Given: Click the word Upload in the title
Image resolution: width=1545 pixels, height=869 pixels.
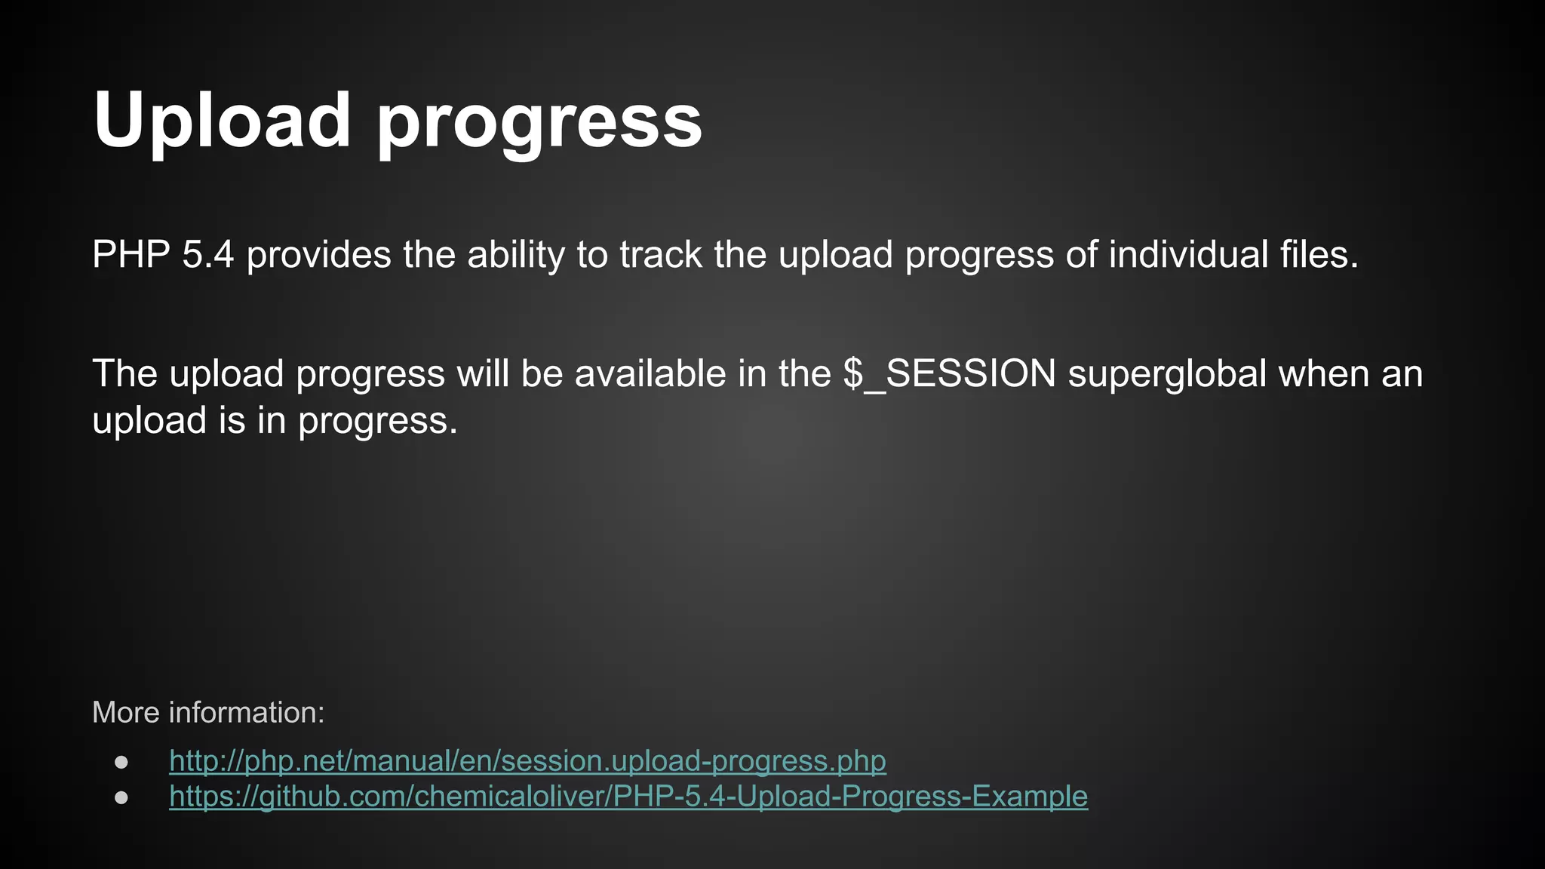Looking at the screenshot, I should coord(223,121).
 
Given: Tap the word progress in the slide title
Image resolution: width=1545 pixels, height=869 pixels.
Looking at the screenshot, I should coord(539,124).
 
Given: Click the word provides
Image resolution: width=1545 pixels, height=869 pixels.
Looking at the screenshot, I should coord(318,254).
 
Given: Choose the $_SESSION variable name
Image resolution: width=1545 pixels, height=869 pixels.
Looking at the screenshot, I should coord(949,374).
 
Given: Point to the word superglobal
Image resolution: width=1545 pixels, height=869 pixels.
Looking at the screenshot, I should coord(1167,375).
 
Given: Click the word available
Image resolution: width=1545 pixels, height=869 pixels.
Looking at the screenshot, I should coord(650,374).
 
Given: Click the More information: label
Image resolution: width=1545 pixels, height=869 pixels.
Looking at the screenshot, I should coord(208,712).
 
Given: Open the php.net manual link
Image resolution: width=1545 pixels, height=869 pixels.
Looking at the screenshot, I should coord(527,760).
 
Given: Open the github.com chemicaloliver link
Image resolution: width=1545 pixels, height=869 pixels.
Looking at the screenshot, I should coord(628,796).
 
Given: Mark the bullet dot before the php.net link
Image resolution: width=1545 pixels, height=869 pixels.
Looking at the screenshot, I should coord(121,762).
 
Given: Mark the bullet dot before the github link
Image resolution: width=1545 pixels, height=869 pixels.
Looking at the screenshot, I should coord(121,797).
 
